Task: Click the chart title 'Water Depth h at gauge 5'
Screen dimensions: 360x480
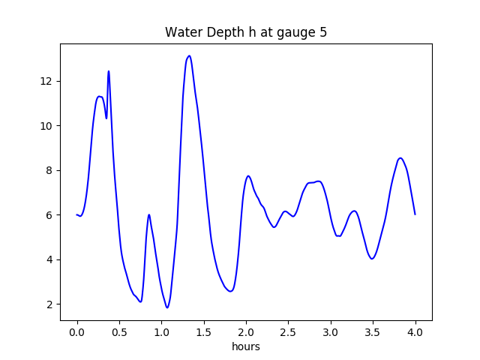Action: [x=246, y=33]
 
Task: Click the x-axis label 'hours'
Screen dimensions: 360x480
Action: [x=246, y=346]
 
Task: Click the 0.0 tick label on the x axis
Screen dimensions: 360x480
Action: [x=77, y=332]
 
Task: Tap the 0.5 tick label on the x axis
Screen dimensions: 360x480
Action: [x=119, y=332]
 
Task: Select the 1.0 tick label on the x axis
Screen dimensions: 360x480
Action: [x=161, y=332]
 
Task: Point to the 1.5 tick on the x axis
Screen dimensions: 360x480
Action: [x=204, y=332]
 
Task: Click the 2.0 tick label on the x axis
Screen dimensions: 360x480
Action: [x=246, y=332]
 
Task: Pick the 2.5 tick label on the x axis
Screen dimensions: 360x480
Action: [x=289, y=332]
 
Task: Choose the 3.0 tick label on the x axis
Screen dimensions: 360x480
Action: [x=331, y=332]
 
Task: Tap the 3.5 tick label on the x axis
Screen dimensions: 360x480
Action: [x=373, y=332]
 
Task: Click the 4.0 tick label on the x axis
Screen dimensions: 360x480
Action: [x=415, y=332]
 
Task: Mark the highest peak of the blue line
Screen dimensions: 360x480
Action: [x=189, y=56]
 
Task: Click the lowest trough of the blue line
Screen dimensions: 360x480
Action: [x=167, y=307]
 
